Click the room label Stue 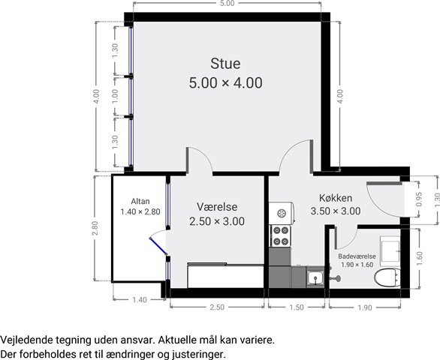coord(225,64)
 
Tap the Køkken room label coord(336,198)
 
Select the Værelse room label coord(217,207)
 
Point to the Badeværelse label coord(357,256)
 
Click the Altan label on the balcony coord(140,201)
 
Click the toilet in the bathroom coord(387,277)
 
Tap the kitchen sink coord(315,278)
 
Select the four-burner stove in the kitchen coord(281,235)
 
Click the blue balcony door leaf coord(158,247)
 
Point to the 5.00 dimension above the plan coord(228,3)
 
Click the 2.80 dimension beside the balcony coord(95,228)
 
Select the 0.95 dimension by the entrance coord(419,199)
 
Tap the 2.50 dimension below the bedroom coord(217,307)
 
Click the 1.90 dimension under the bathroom coord(365,307)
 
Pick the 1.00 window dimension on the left coord(115,96)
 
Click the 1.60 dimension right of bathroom coord(420,259)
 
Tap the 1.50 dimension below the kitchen coord(297,307)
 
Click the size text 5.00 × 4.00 coord(225,83)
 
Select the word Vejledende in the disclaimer coord(26,340)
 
